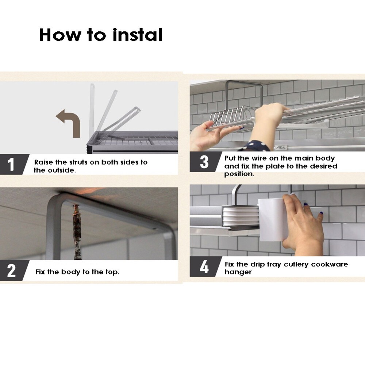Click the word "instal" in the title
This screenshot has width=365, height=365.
pos(137,35)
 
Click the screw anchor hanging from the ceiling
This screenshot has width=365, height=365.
pos(77,232)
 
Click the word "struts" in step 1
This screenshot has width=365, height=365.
pos(78,162)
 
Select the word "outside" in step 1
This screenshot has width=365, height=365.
pos(61,170)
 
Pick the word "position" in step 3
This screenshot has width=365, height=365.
pos(239,174)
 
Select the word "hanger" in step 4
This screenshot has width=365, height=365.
pos(238,272)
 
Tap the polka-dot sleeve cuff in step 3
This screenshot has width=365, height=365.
pos(257,146)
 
